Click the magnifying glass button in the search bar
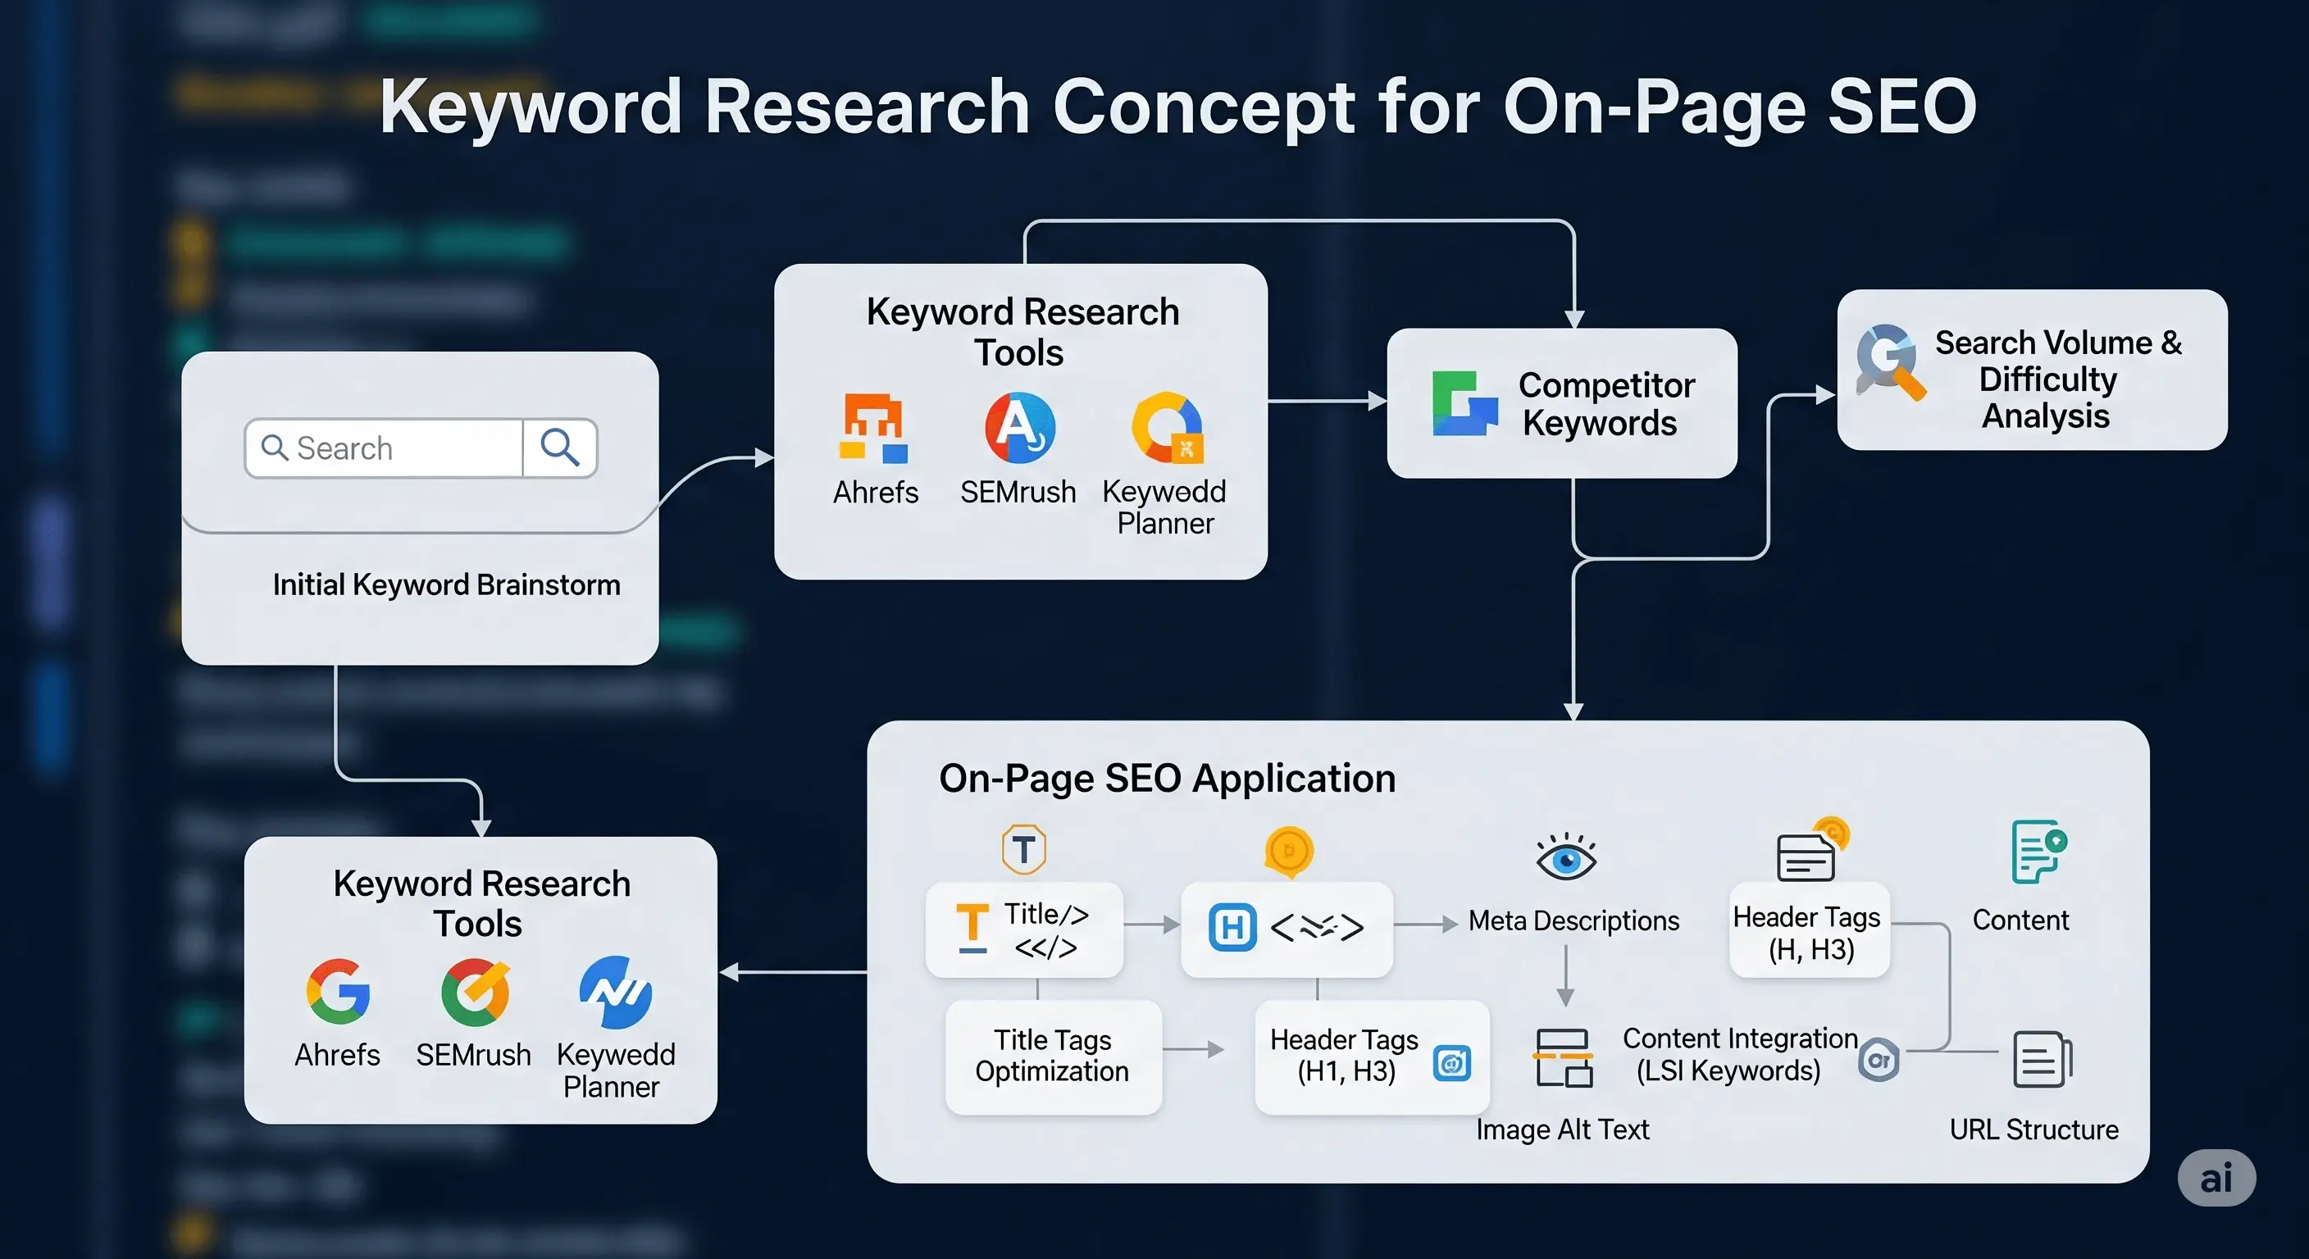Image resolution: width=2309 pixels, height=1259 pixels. click(x=560, y=448)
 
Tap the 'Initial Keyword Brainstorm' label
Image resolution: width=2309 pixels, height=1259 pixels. click(x=446, y=584)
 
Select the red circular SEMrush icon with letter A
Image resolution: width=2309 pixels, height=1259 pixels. click(x=1019, y=427)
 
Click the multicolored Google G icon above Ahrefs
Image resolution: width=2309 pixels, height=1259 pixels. click(x=338, y=991)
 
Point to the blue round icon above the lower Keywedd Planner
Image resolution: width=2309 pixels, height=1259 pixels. click(x=615, y=992)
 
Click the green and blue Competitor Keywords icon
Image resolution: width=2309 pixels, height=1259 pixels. click(x=1464, y=403)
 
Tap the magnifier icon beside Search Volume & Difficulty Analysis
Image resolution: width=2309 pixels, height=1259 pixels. click(x=1889, y=361)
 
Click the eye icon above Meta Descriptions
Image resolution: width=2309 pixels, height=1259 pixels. click(x=1565, y=859)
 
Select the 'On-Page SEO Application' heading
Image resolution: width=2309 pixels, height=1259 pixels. click(x=1167, y=778)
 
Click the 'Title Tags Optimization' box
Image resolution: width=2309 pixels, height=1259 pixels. click(x=1052, y=1056)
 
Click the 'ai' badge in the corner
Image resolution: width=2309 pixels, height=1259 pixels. click(x=2216, y=1178)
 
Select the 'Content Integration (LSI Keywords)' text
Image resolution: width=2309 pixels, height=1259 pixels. click(x=1739, y=1054)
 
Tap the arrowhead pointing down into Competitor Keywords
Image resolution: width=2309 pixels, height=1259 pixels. click(x=1574, y=319)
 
